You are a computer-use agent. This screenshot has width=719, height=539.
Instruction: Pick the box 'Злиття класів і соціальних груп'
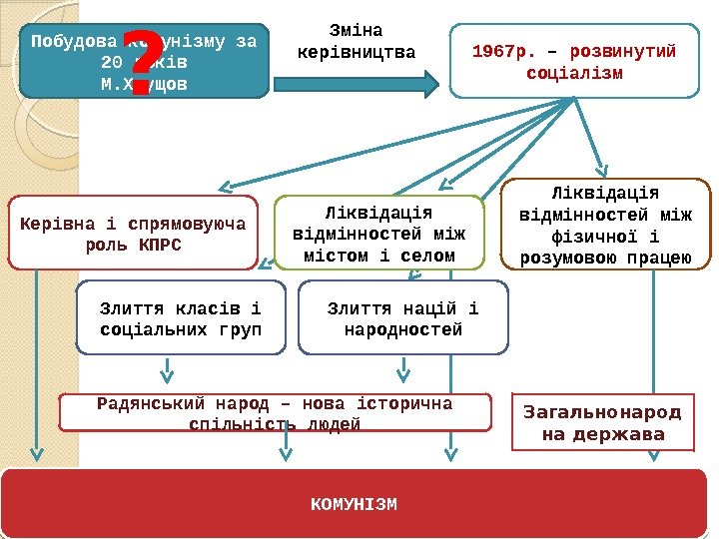pos(181,317)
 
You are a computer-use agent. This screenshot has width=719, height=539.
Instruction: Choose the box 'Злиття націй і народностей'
pos(402,317)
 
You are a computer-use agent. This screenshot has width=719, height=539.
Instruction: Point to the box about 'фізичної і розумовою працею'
pos(605,226)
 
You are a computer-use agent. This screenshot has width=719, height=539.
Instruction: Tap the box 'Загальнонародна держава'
pos(603,423)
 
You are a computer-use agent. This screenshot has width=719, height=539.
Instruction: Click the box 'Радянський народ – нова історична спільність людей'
pos(275,413)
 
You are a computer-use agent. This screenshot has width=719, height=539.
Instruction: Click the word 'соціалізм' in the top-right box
pos(574,74)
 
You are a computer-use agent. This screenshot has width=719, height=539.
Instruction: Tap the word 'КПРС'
pos(161,245)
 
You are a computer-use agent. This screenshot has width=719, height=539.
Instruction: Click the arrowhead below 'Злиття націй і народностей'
pos(401,376)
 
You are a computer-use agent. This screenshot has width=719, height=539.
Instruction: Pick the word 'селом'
pos(429,256)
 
